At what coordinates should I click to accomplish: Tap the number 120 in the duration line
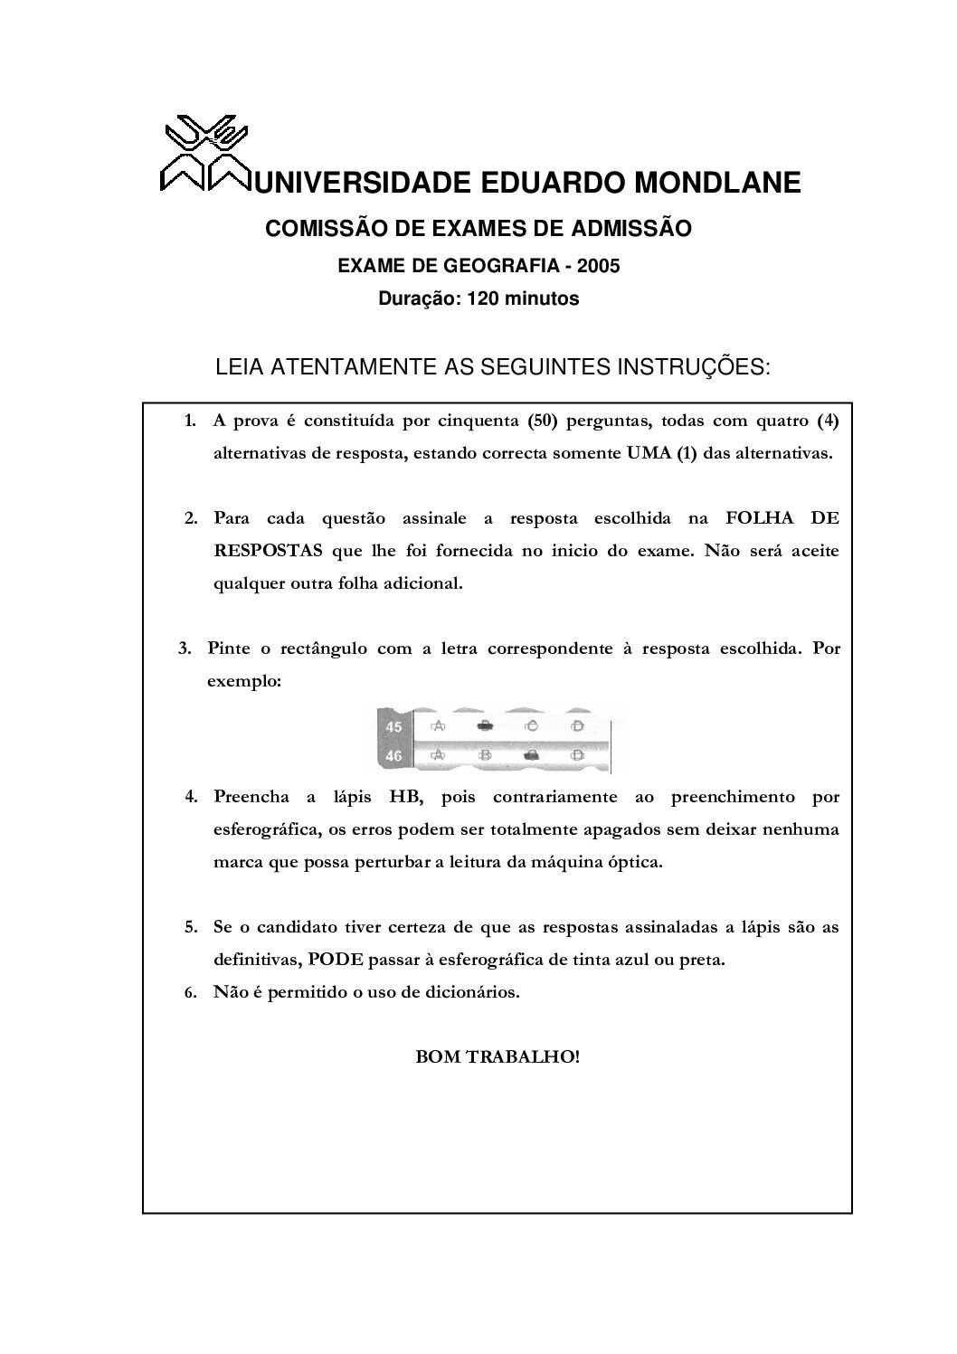[x=483, y=298]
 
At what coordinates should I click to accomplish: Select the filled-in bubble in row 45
[x=486, y=726]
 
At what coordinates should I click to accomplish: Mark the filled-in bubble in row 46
[x=532, y=754]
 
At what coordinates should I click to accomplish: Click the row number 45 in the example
[x=394, y=726]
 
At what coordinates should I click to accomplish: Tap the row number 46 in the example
[x=394, y=754]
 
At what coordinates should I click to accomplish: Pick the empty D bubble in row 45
[x=577, y=726]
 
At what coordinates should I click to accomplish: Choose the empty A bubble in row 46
[x=439, y=754]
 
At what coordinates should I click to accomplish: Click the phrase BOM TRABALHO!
[x=497, y=1056]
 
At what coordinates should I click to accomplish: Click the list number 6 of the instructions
[x=191, y=992]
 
